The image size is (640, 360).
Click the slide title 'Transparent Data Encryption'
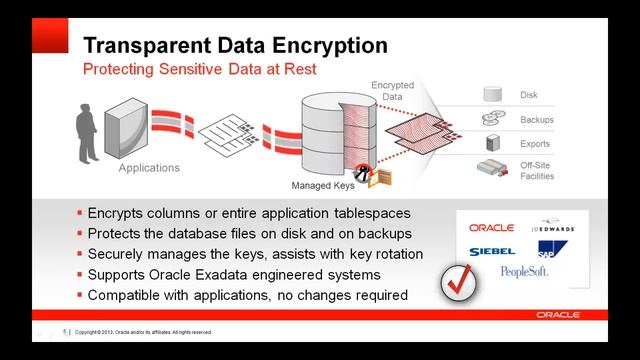(x=234, y=46)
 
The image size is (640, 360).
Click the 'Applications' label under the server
(x=149, y=168)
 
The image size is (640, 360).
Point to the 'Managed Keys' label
(x=323, y=186)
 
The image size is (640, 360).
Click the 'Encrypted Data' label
(x=392, y=91)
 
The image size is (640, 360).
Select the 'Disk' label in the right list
(x=529, y=96)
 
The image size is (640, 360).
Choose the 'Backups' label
(x=536, y=120)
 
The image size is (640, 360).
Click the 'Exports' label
(x=534, y=144)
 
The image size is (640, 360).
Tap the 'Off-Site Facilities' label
(x=536, y=170)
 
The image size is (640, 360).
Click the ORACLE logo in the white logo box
(x=490, y=228)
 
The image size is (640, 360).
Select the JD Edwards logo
(x=553, y=228)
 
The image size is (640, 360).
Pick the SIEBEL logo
(x=491, y=250)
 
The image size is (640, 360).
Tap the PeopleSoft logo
(x=524, y=272)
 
